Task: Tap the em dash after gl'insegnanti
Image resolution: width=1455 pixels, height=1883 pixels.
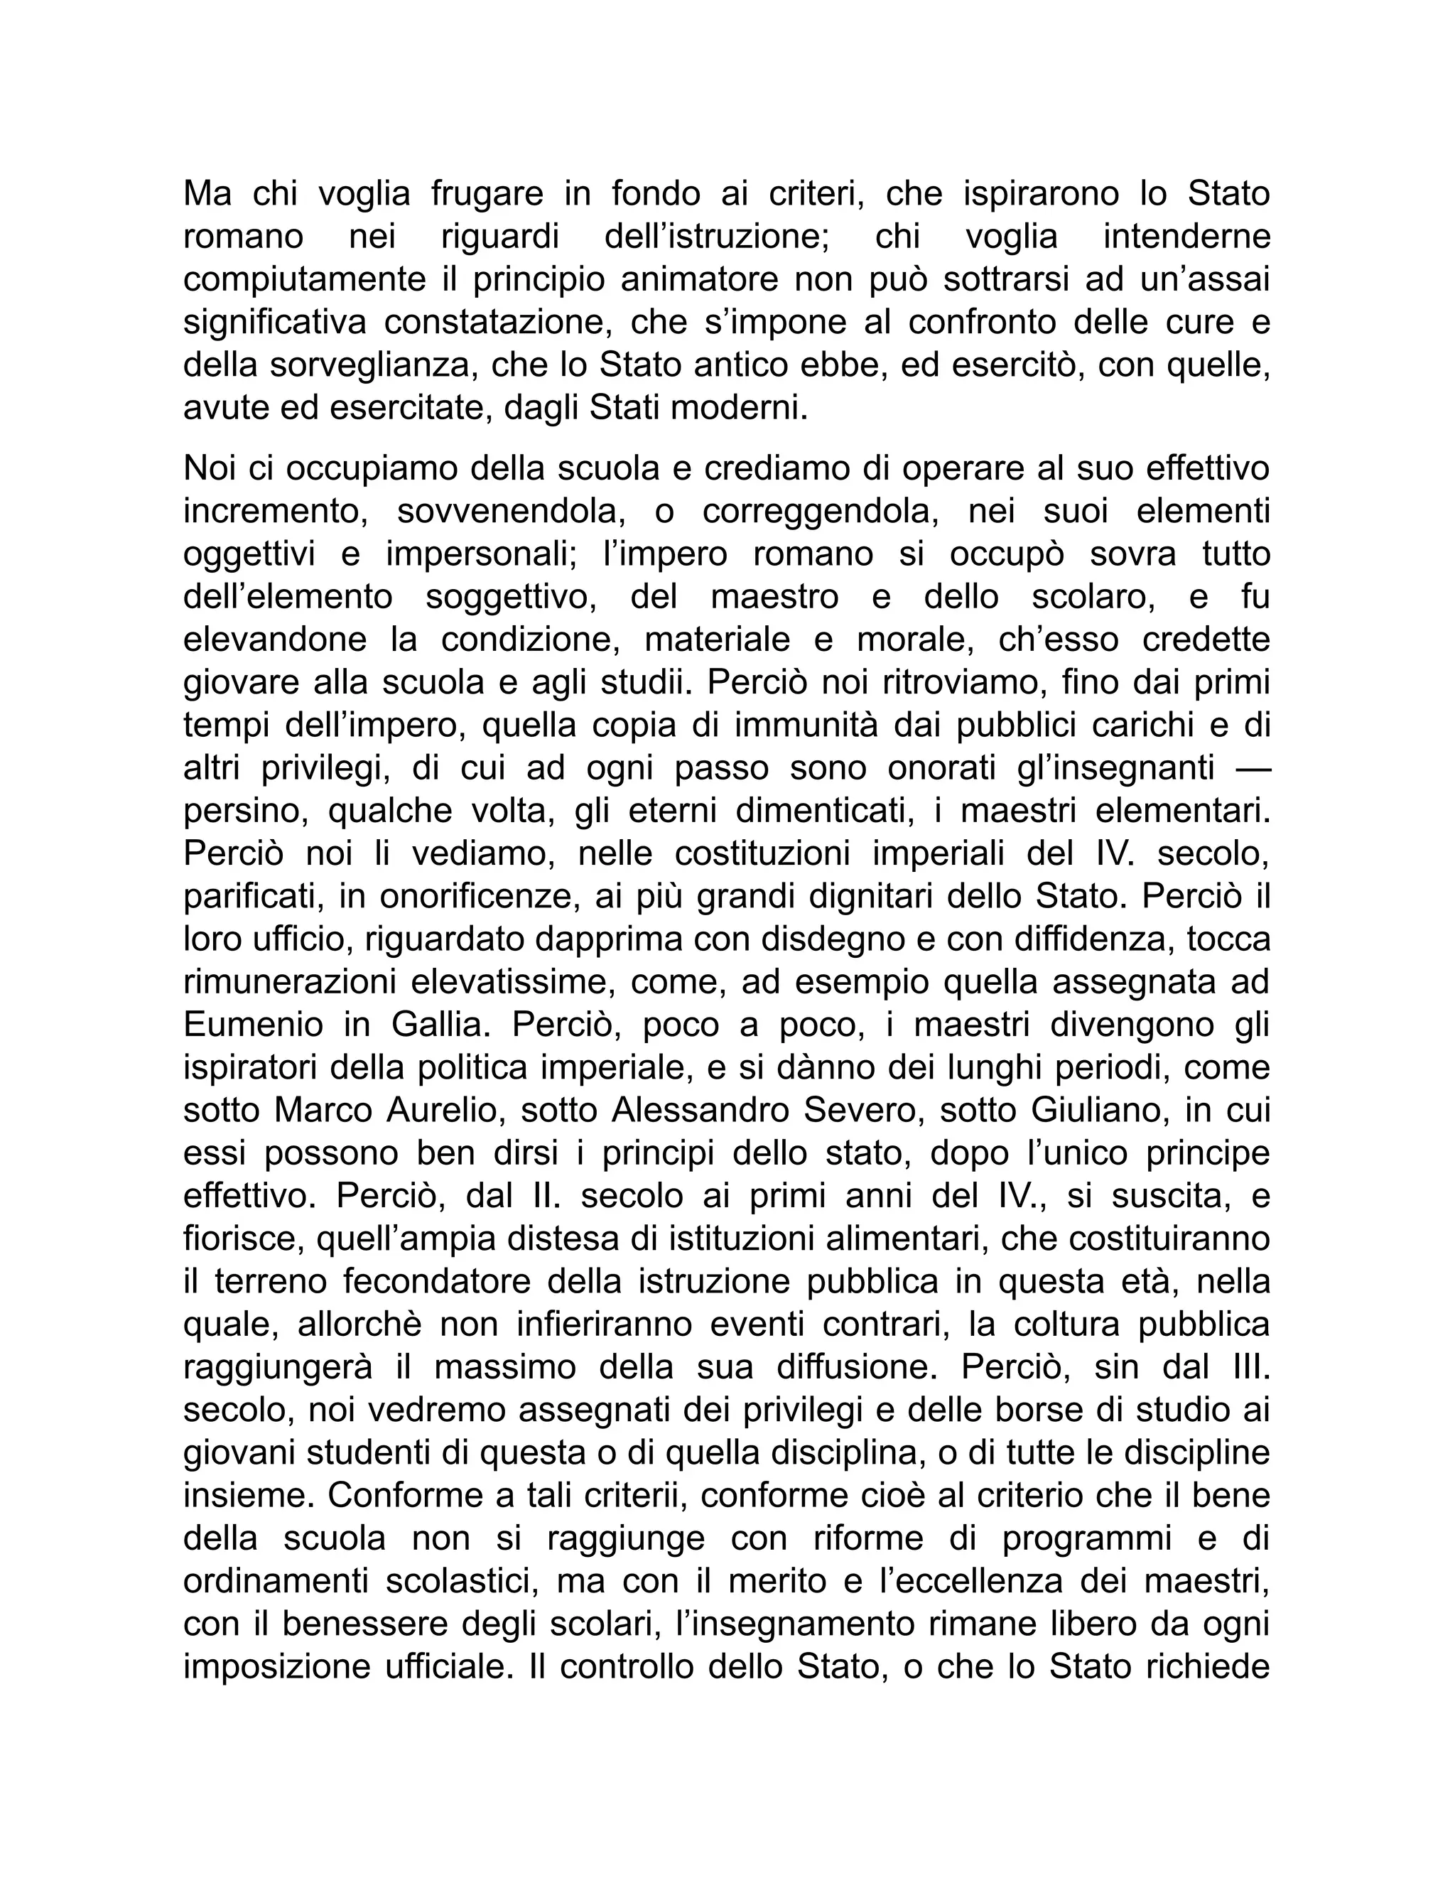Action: pos(1248,768)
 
